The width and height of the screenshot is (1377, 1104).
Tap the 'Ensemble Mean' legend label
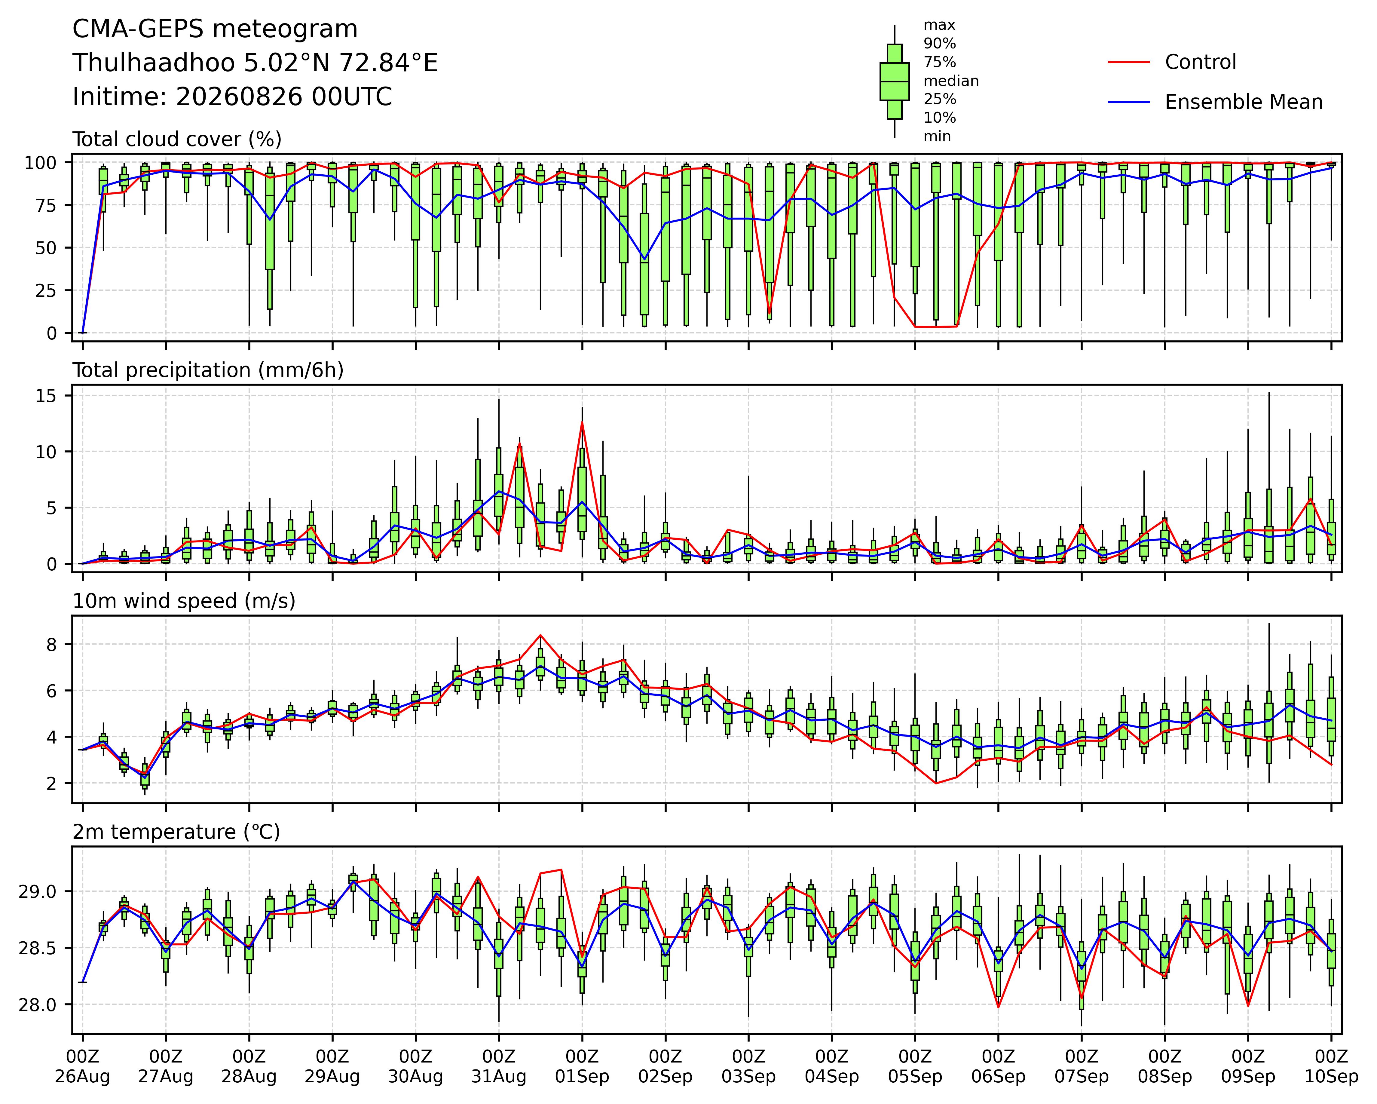point(1244,102)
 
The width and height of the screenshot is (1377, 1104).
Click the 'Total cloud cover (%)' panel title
point(177,139)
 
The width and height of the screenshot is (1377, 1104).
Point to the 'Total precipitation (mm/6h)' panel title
point(208,370)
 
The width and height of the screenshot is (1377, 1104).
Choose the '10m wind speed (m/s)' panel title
point(184,601)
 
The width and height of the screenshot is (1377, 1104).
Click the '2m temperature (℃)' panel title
point(176,832)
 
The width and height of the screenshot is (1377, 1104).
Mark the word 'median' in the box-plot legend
point(951,81)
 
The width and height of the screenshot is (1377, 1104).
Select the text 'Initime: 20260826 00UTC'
point(232,97)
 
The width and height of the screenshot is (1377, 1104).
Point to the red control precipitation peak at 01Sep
point(582,422)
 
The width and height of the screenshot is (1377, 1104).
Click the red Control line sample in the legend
point(1128,62)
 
